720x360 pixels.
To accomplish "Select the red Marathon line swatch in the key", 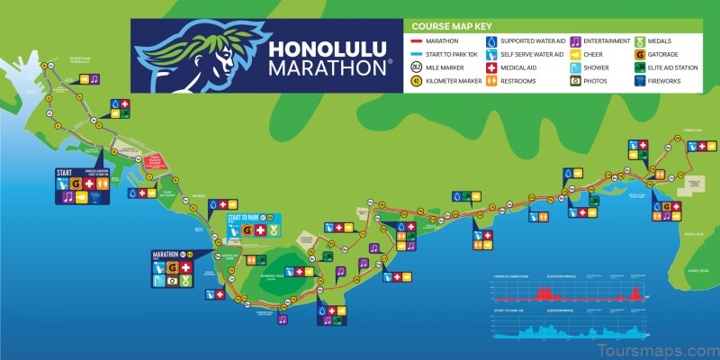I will (x=416, y=40).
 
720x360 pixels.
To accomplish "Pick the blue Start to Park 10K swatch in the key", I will (x=416, y=53).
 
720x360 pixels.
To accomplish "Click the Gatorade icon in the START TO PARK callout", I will (x=247, y=230).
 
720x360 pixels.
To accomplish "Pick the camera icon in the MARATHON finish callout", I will (x=172, y=280).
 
